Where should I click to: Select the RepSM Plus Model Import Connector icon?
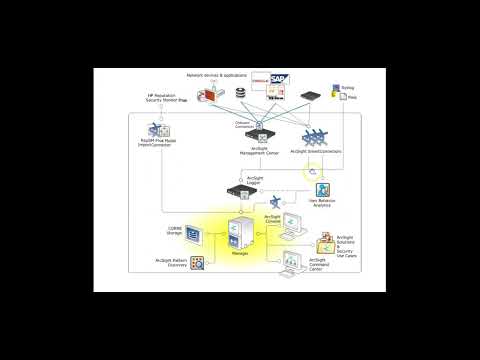coord(157,131)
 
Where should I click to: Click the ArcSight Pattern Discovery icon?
coord(198,263)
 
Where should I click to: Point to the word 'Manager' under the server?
coord(240,255)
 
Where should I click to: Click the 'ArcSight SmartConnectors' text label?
coord(314,152)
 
